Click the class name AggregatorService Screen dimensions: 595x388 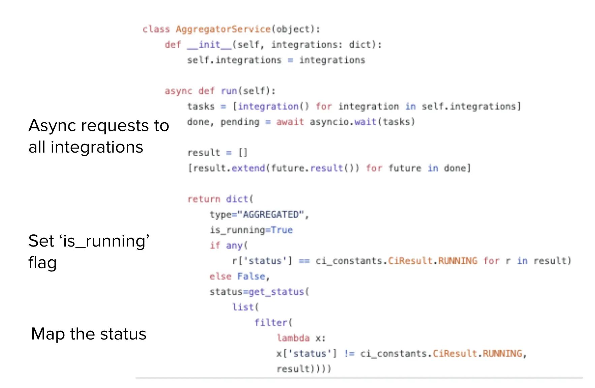(223, 29)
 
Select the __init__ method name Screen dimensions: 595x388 (209, 44)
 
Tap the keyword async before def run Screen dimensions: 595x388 (178, 91)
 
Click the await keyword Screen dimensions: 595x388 (290, 122)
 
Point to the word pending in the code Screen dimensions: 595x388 (240, 122)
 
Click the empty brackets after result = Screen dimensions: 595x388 (243, 153)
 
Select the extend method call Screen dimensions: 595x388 (248, 168)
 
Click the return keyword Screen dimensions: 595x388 (204, 199)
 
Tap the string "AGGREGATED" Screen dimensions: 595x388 (271, 215)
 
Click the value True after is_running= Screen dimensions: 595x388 (282, 230)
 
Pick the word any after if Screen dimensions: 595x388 (234, 246)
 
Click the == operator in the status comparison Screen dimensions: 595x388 (304, 261)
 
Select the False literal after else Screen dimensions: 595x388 (251, 276)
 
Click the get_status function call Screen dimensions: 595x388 (276, 292)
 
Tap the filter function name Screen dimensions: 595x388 (271, 322)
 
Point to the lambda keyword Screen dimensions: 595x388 (293, 338)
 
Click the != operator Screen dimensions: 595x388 (349, 353)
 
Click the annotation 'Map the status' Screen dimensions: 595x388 (89, 334)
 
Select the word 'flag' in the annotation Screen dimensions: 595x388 (42, 263)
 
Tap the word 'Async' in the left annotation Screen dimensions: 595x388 (52, 126)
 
